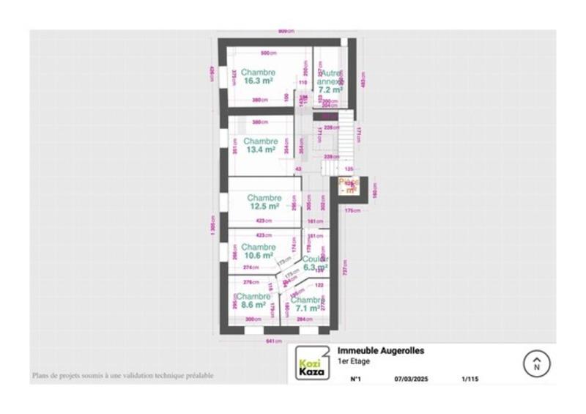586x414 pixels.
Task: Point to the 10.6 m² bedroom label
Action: click(259, 251)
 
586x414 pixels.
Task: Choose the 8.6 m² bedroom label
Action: click(253, 300)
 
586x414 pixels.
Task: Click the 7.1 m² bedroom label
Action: click(306, 304)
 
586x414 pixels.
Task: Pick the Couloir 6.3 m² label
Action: click(316, 264)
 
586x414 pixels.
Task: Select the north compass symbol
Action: click(536, 363)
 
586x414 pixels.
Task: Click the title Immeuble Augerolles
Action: click(380, 351)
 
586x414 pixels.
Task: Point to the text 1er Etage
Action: click(353, 361)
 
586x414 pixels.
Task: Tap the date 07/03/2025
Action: click(410, 380)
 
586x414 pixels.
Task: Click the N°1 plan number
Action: click(356, 380)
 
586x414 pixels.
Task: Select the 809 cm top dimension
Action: click(286, 31)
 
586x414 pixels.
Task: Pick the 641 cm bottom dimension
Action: click(274, 341)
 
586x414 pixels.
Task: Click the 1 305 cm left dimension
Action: click(212, 227)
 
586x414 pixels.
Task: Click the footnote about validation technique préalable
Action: click(122, 376)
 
